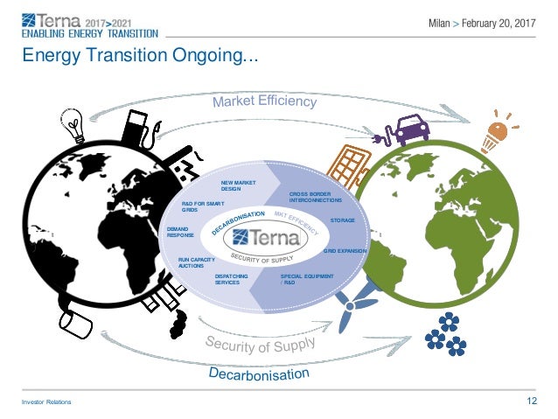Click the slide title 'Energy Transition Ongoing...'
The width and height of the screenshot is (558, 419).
point(140,58)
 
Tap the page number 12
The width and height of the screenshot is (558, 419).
point(531,402)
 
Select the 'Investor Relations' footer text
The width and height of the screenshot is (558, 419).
point(47,402)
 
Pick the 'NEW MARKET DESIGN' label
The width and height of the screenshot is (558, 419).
point(237,185)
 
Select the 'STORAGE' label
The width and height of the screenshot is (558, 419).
point(342,220)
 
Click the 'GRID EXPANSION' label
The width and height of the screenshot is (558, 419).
point(345,251)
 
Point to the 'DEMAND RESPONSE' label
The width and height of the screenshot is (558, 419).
point(181,232)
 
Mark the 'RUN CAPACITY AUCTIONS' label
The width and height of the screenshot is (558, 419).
point(197,262)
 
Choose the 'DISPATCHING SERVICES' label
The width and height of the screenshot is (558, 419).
point(232,279)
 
